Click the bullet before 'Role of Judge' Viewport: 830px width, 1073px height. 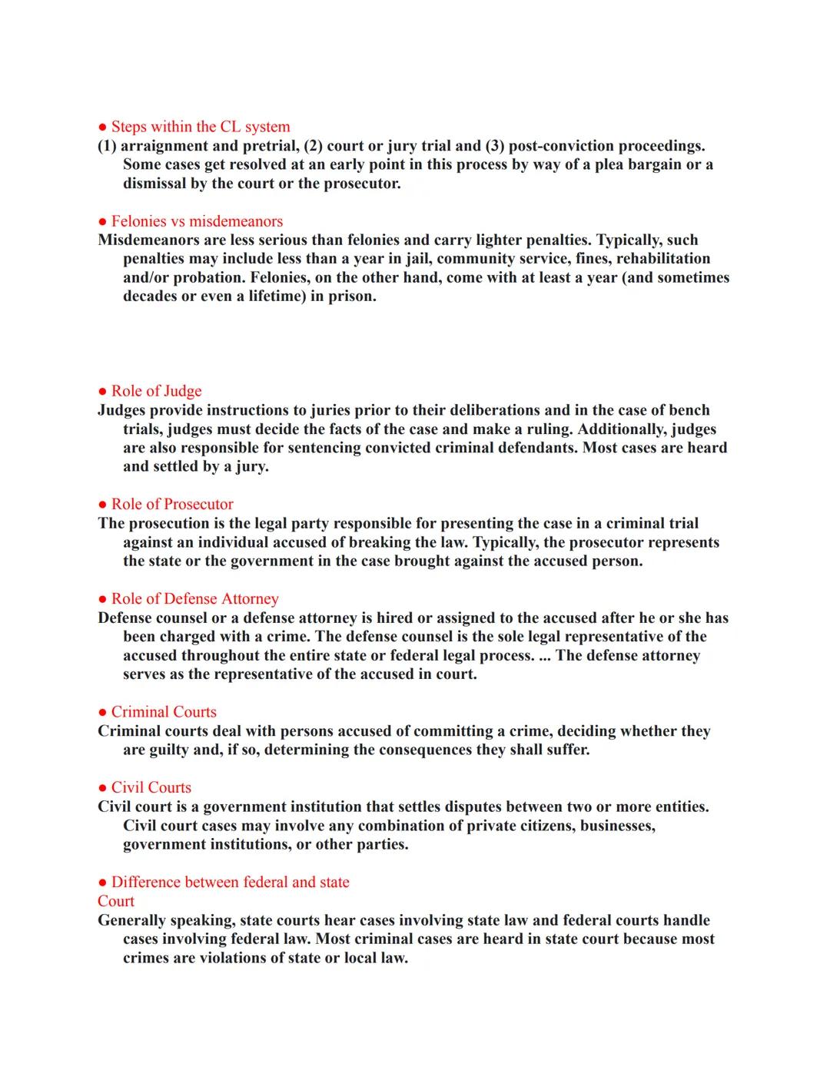[x=102, y=392]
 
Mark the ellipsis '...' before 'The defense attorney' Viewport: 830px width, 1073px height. [x=545, y=656]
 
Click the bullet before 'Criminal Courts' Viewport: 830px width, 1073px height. [x=102, y=713]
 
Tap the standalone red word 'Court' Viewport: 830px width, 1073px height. [x=116, y=902]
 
